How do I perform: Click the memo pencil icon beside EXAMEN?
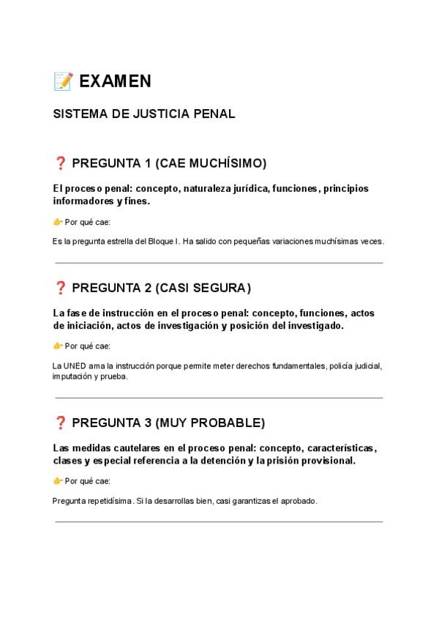pos(63,81)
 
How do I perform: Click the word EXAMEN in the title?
pos(115,81)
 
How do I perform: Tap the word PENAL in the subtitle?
pos(214,115)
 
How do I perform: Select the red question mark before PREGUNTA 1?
pos(60,162)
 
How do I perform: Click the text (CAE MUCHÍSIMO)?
pos(211,162)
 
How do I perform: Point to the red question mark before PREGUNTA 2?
pos(60,287)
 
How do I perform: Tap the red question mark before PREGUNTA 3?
pos(60,423)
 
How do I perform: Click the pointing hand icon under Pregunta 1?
pos(58,221)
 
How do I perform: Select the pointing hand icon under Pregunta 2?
pos(58,346)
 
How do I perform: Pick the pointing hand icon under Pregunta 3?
pos(58,480)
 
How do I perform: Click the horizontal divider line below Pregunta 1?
pos(219,263)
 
